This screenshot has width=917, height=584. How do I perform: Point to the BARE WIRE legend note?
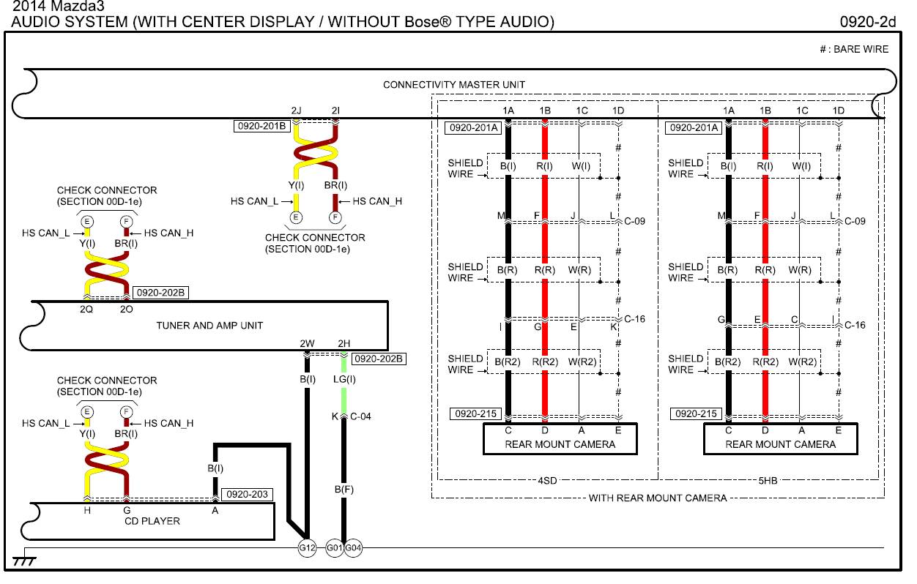[x=861, y=50]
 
